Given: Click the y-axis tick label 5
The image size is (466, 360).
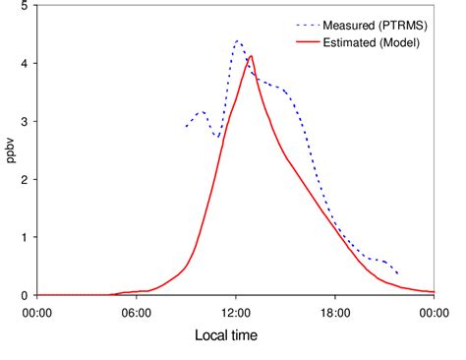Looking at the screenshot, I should (24, 6).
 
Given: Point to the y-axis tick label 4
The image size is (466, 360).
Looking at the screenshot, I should (24, 64).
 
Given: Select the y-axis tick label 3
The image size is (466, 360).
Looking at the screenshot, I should (24, 122).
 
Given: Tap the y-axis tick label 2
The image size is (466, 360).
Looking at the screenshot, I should (24, 180).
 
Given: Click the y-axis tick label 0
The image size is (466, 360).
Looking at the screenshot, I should (24, 295).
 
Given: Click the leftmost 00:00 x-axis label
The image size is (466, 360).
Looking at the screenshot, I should (37, 312).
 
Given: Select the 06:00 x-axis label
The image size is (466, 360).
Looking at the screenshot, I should (137, 312).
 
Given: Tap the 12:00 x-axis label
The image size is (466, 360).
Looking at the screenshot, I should (236, 312).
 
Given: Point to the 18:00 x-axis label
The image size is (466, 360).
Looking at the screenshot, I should (335, 312).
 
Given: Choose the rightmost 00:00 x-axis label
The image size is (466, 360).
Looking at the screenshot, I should (435, 312).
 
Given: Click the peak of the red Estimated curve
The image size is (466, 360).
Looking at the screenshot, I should (252, 56).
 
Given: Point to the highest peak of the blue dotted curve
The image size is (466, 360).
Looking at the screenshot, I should (237, 41).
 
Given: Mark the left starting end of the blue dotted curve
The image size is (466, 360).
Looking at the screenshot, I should (187, 127).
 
